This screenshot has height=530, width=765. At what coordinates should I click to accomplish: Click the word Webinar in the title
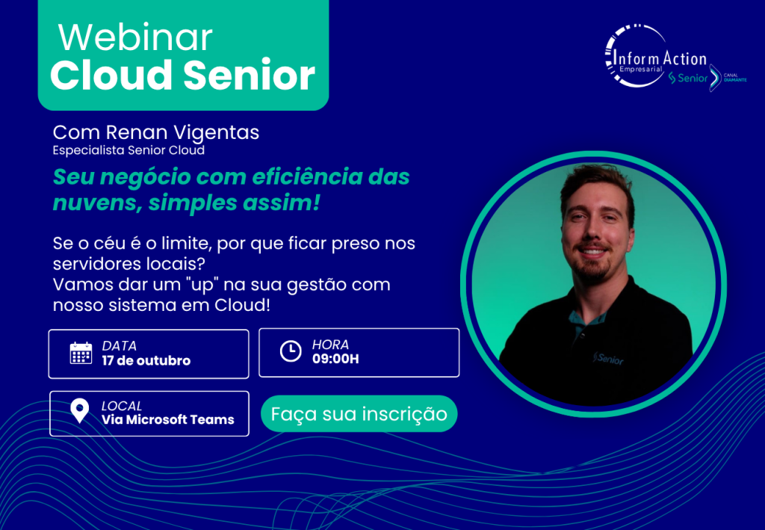click(135, 37)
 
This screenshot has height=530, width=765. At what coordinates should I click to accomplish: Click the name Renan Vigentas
click(182, 132)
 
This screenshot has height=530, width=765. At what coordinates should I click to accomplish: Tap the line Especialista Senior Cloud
click(128, 150)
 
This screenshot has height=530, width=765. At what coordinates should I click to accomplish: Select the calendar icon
click(81, 353)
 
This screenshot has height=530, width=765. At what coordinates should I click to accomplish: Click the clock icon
click(291, 351)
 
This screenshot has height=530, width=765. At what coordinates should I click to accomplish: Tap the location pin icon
click(79, 411)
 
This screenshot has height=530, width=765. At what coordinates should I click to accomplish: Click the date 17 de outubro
click(146, 361)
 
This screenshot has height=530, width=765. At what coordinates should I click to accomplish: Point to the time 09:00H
click(335, 360)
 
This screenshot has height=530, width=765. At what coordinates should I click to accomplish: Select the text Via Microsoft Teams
click(168, 419)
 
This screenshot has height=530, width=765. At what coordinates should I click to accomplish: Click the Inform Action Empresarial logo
click(656, 56)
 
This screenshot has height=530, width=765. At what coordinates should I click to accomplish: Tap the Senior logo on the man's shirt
click(608, 359)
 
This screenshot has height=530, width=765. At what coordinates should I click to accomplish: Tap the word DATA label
click(119, 346)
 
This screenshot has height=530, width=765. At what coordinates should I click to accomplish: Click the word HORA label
click(330, 345)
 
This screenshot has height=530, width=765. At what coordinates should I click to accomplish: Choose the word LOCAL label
click(122, 406)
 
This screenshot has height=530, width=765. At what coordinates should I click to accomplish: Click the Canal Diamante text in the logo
click(735, 78)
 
